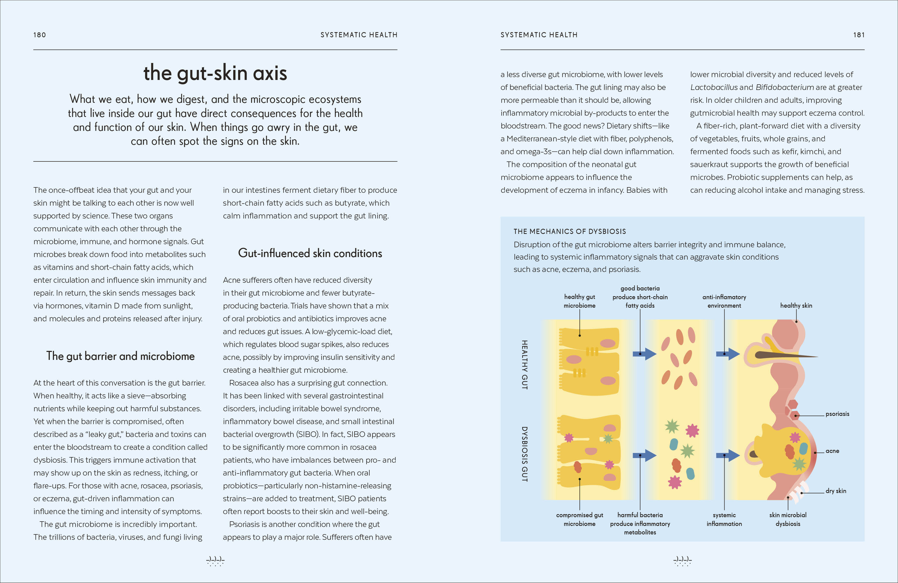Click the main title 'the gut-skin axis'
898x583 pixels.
pos(215,73)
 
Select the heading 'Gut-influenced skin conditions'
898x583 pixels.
pos(310,253)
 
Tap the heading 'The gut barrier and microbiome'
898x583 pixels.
pos(120,356)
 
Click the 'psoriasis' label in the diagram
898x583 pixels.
pos(837,414)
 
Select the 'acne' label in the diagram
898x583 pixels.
pos(832,451)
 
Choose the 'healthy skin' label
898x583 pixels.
pos(796,305)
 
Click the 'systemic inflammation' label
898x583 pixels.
pos(724,519)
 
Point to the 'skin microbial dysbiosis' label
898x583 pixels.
pos(788,519)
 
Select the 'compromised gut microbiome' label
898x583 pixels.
pos(579,519)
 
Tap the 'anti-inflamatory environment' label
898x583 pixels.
pos(724,301)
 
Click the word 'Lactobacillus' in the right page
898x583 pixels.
pos(714,87)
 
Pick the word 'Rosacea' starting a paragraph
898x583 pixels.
pos(243,383)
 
